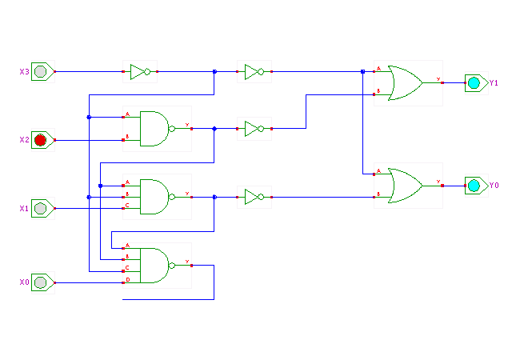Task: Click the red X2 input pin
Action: coord(42,140)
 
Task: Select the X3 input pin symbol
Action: coord(42,72)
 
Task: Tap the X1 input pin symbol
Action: coord(42,208)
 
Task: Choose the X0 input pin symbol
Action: coord(42,282)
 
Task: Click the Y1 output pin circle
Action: coord(474,82)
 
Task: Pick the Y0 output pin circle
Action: coord(474,186)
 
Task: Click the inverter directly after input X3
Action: coord(141,72)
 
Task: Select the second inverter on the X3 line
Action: coord(254,72)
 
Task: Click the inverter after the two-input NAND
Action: coord(254,128)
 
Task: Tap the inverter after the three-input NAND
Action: coord(254,196)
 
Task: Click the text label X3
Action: coord(24,72)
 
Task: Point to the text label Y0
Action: coord(494,186)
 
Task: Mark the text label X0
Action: coord(24,282)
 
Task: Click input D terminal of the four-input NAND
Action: coord(124,282)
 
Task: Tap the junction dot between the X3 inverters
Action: coord(214,72)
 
